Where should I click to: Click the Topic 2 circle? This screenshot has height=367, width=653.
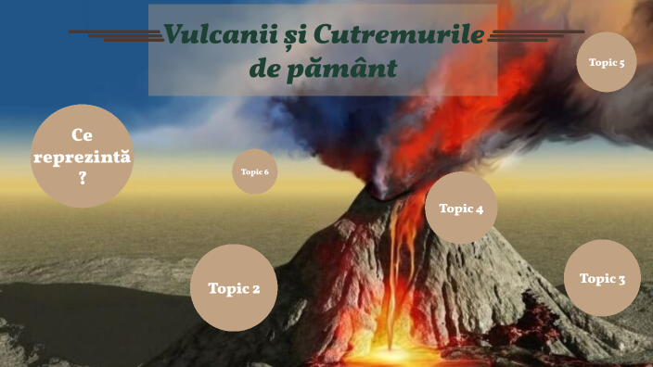tap(234, 288)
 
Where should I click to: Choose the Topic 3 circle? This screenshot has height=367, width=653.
tap(602, 278)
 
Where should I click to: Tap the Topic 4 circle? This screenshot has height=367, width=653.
tap(461, 209)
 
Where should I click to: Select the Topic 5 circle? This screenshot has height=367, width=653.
tap(607, 62)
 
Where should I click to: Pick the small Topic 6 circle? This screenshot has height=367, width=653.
tap(254, 171)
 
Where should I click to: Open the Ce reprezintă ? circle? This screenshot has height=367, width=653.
tap(82, 156)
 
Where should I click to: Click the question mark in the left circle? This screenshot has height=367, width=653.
tap(83, 177)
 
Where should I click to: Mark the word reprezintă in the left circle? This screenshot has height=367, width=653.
tap(82, 156)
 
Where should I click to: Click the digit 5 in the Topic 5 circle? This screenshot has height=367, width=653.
tap(621, 62)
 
